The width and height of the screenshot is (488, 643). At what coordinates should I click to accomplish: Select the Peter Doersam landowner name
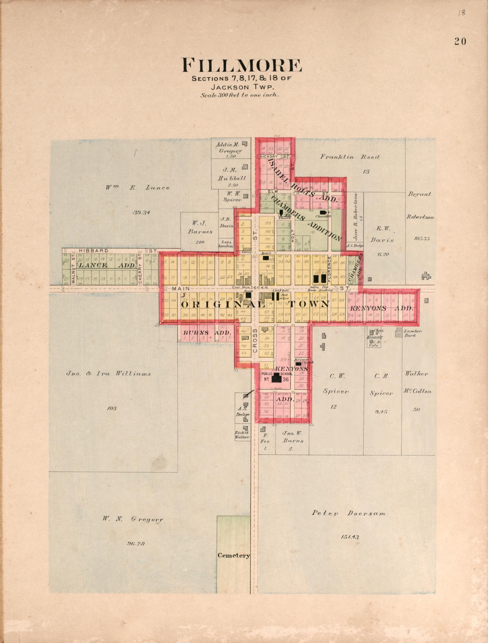(x=348, y=513)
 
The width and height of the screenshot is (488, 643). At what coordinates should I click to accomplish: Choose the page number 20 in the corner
(x=460, y=42)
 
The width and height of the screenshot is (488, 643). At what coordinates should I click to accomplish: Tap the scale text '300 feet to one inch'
(x=240, y=95)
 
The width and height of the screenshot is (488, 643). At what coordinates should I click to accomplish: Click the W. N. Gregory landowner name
(x=133, y=519)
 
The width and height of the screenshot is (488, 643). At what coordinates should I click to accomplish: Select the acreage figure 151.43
(x=349, y=537)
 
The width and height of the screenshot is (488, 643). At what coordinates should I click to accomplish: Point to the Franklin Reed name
(x=350, y=157)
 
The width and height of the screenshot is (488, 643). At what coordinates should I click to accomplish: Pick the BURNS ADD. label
(x=207, y=333)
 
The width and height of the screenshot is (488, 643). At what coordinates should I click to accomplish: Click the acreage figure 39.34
(x=141, y=212)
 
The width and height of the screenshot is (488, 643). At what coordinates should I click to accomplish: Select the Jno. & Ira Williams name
(x=109, y=373)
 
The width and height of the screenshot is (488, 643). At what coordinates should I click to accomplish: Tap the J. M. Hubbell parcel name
(x=232, y=174)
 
